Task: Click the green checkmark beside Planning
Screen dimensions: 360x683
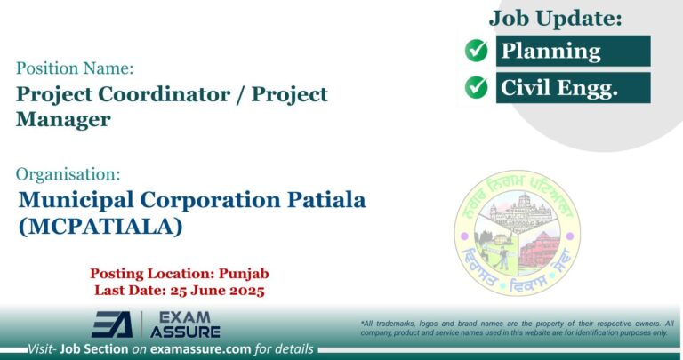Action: [478, 51]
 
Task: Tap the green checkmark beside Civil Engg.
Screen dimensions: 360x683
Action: [478, 87]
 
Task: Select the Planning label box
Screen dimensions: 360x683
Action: [573, 51]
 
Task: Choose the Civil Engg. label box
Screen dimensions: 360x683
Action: [573, 87]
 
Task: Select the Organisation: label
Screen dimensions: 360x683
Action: [68, 174]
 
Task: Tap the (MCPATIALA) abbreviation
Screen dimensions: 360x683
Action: [100, 227]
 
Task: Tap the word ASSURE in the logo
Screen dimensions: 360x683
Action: [185, 332]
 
